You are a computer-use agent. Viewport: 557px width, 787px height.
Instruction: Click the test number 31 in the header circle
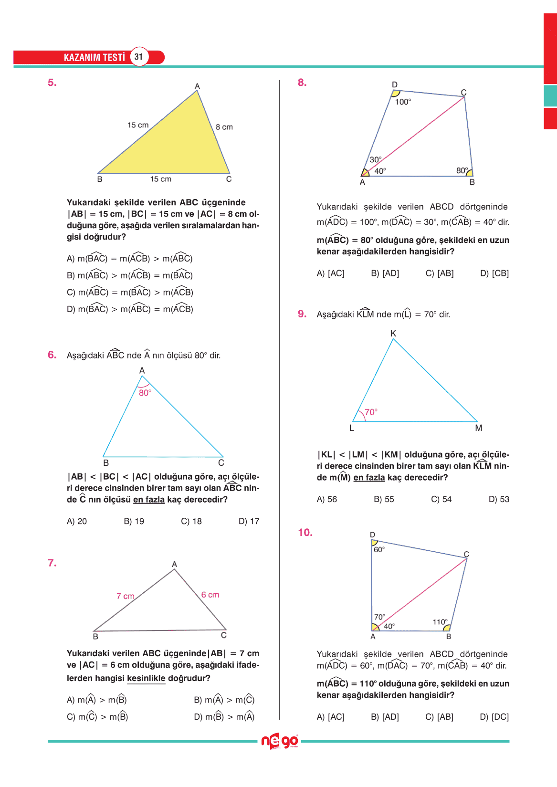click(138, 57)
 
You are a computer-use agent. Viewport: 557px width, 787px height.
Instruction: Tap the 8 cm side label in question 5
click(224, 127)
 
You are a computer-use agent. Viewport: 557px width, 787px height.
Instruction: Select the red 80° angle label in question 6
click(145, 393)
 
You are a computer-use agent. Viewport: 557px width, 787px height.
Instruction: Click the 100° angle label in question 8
click(403, 102)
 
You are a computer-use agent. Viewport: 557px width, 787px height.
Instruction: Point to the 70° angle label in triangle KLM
click(371, 412)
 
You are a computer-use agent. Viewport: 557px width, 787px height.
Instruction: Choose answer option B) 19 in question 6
click(134, 521)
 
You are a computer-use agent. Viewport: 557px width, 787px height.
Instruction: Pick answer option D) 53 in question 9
click(499, 499)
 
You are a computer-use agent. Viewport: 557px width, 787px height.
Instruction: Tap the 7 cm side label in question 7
click(126, 596)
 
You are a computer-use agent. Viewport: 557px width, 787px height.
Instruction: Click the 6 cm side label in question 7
click(210, 595)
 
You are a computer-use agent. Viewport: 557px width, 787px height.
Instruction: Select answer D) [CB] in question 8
click(494, 273)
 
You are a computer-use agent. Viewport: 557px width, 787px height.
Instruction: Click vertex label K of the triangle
click(393, 334)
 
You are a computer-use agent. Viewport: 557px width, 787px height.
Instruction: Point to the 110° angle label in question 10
click(440, 622)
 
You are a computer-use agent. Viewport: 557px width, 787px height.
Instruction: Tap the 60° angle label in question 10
click(379, 550)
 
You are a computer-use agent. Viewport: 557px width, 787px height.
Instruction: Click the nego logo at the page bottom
click(280, 742)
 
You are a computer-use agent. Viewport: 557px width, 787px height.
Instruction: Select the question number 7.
click(52, 563)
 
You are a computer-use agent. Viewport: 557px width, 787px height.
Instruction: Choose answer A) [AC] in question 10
click(330, 717)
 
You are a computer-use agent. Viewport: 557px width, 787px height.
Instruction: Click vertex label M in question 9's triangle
click(479, 428)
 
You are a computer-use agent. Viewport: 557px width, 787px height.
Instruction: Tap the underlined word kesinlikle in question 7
click(146, 678)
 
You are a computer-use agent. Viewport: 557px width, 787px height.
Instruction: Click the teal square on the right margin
click(550, 95)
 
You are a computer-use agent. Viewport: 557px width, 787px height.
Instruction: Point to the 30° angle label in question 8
click(375, 160)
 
